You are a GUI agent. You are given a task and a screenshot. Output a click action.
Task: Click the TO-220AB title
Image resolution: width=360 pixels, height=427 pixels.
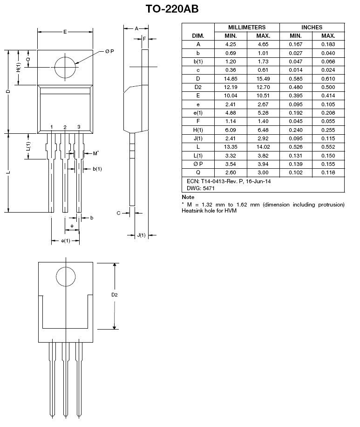(172, 9)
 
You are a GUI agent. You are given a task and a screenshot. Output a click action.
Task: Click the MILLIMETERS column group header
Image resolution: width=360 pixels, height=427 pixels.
(247, 28)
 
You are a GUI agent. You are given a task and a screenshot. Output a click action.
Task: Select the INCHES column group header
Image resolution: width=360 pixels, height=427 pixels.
(312, 28)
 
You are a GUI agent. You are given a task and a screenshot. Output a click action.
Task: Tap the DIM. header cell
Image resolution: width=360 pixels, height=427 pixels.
(198, 36)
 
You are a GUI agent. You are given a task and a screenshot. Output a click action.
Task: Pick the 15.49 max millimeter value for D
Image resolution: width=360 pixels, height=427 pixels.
(263, 78)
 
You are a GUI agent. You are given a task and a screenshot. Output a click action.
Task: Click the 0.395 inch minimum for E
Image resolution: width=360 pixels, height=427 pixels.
(296, 96)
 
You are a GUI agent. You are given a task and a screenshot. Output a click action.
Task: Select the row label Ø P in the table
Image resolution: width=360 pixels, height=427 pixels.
(198, 164)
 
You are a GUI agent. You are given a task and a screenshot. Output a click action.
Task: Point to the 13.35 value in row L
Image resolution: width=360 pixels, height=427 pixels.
(231, 147)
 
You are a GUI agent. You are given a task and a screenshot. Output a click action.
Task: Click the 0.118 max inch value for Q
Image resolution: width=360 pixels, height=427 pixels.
(328, 172)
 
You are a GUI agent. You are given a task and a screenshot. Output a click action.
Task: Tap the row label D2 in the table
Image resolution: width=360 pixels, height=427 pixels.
(198, 87)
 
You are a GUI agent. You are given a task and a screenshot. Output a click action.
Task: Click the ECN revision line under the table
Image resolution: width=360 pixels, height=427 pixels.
(226, 181)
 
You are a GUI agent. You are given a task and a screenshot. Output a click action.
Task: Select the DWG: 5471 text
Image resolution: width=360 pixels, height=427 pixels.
(195, 189)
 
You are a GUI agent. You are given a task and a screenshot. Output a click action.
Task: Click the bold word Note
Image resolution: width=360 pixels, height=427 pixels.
(188, 197)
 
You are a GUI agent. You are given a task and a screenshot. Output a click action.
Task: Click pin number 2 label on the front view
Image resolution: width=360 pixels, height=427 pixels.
(65, 127)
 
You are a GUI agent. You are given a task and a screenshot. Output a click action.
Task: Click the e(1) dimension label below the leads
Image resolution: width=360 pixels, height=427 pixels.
(66, 241)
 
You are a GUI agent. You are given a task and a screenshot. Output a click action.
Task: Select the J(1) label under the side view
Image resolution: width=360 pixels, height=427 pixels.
(141, 235)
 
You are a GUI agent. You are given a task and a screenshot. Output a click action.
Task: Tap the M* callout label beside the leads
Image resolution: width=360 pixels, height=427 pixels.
(95, 153)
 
